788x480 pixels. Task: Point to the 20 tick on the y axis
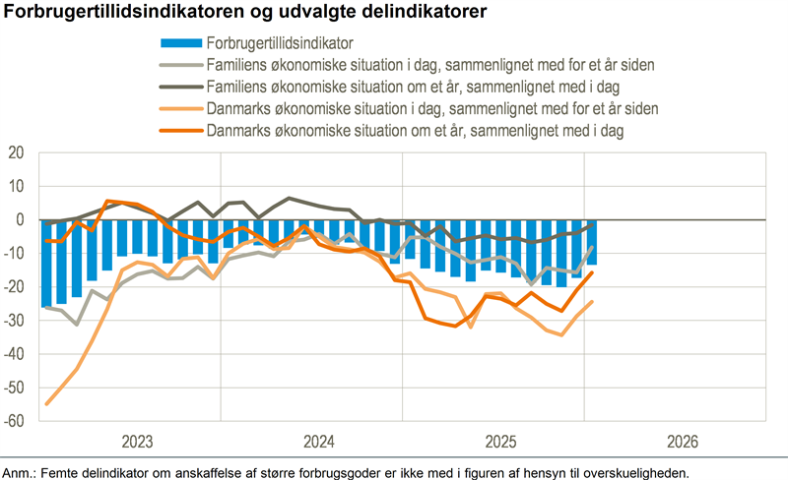tap(16, 153)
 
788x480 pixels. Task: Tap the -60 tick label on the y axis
tap(14, 421)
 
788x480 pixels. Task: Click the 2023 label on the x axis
tap(137, 440)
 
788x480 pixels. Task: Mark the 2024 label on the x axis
tap(319, 440)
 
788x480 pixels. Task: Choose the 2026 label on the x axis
tap(682, 440)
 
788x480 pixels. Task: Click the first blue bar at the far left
tap(46, 263)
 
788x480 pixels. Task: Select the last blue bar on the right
tap(591, 242)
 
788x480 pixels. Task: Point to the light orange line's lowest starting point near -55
tap(47, 403)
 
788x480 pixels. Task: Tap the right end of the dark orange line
tap(591, 273)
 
